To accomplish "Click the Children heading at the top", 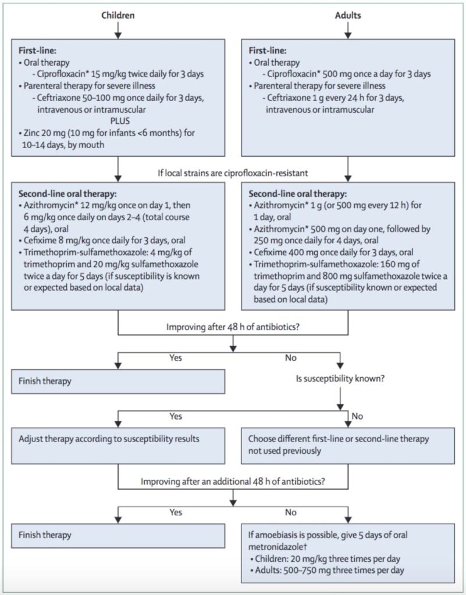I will pyautogui.click(x=118, y=16).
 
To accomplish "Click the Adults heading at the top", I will pyautogui.click(x=347, y=16).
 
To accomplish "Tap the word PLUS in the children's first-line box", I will pyautogui.click(x=119, y=121).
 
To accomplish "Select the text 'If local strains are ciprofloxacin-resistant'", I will pyautogui.click(x=233, y=172).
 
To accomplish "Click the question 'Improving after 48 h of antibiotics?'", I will pyautogui.click(x=233, y=327).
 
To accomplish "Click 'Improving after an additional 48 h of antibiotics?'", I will pyautogui.click(x=233, y=481).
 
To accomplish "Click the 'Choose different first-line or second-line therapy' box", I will pyautogui.click(x=348, y=445).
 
